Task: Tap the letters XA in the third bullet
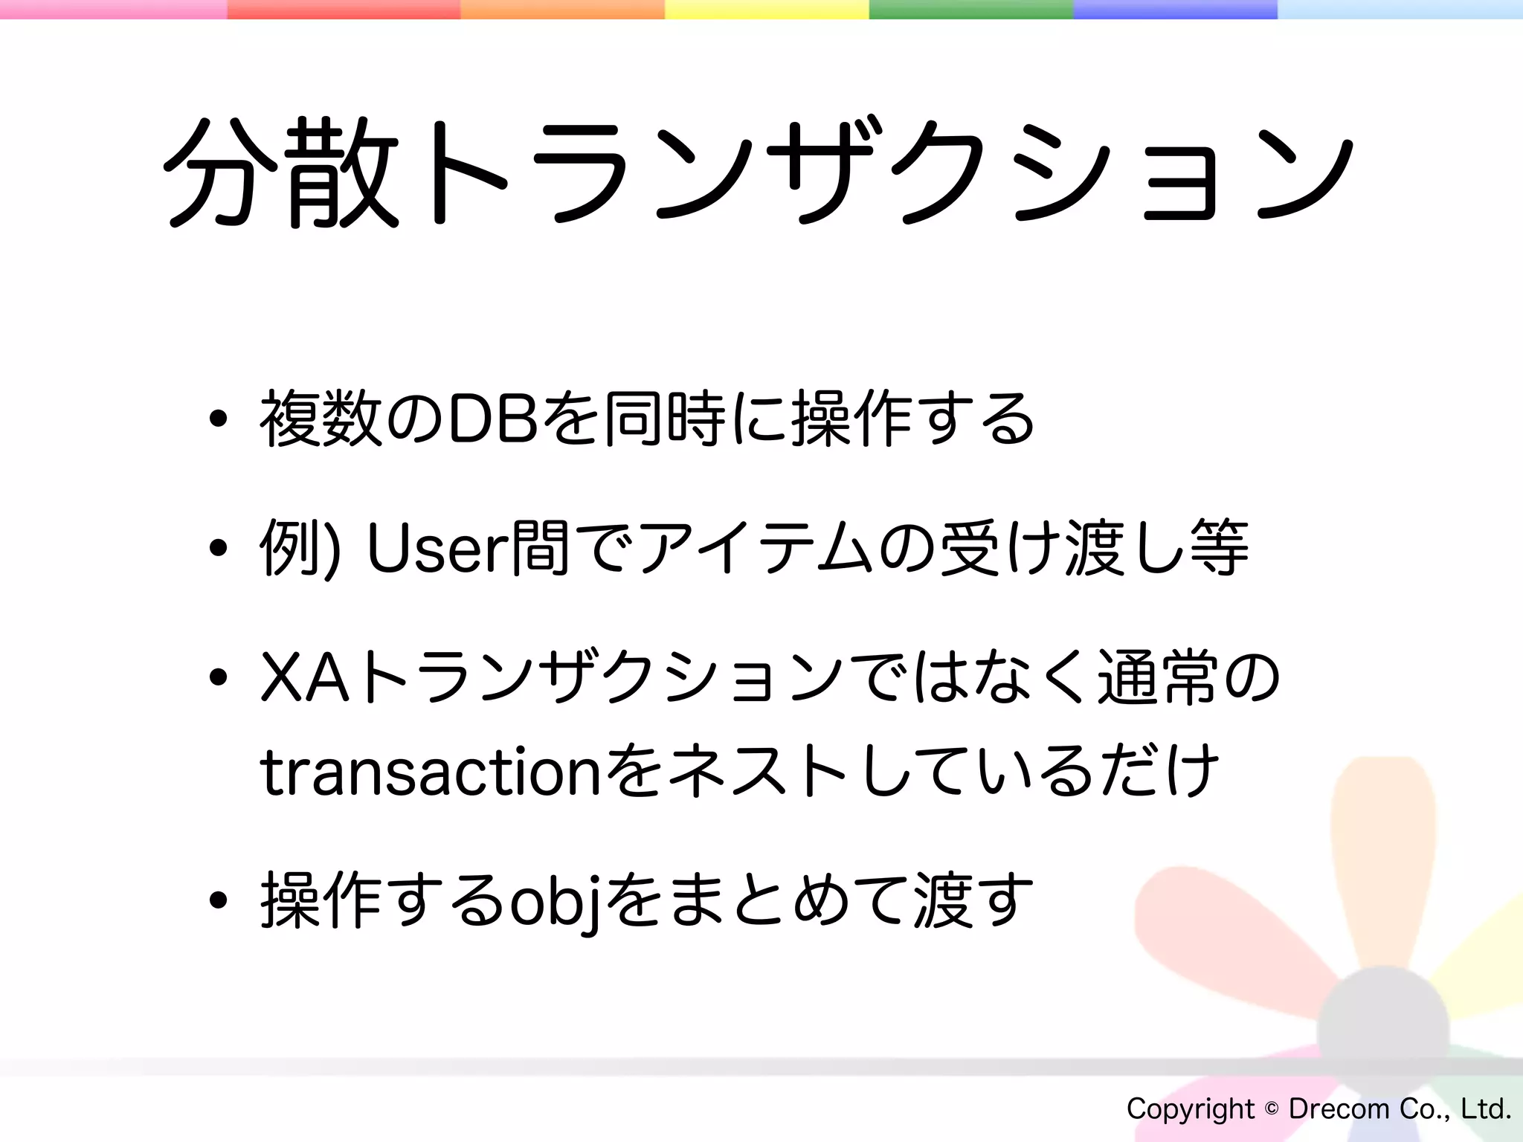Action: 306,678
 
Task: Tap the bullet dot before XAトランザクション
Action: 218,678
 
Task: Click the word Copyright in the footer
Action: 1191,1109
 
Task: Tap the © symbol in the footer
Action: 1272,1109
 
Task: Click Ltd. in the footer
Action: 1486,1109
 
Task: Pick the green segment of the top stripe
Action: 970,9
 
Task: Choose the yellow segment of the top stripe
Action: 766,9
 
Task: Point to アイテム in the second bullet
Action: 755,549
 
